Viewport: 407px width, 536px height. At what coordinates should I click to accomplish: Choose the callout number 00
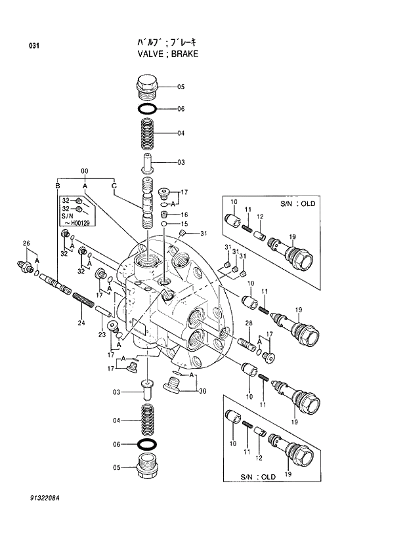[85, 172]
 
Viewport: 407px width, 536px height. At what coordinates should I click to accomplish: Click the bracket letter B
[58, 187]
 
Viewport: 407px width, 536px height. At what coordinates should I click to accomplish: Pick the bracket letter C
[114, 187]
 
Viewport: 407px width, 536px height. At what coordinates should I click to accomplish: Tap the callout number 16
[184, 215]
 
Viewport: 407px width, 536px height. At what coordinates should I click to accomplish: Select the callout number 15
[184, 224]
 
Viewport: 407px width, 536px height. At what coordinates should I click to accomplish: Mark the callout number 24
[81, 322]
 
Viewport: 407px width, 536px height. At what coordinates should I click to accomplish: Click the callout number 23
[102, 335]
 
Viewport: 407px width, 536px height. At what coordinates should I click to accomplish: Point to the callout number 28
[249, 323]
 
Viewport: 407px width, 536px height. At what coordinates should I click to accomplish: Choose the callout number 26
[26, 244]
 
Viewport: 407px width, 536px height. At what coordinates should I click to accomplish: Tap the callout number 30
[202, 392]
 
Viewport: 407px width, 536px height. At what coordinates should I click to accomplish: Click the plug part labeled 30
[175, 385]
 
